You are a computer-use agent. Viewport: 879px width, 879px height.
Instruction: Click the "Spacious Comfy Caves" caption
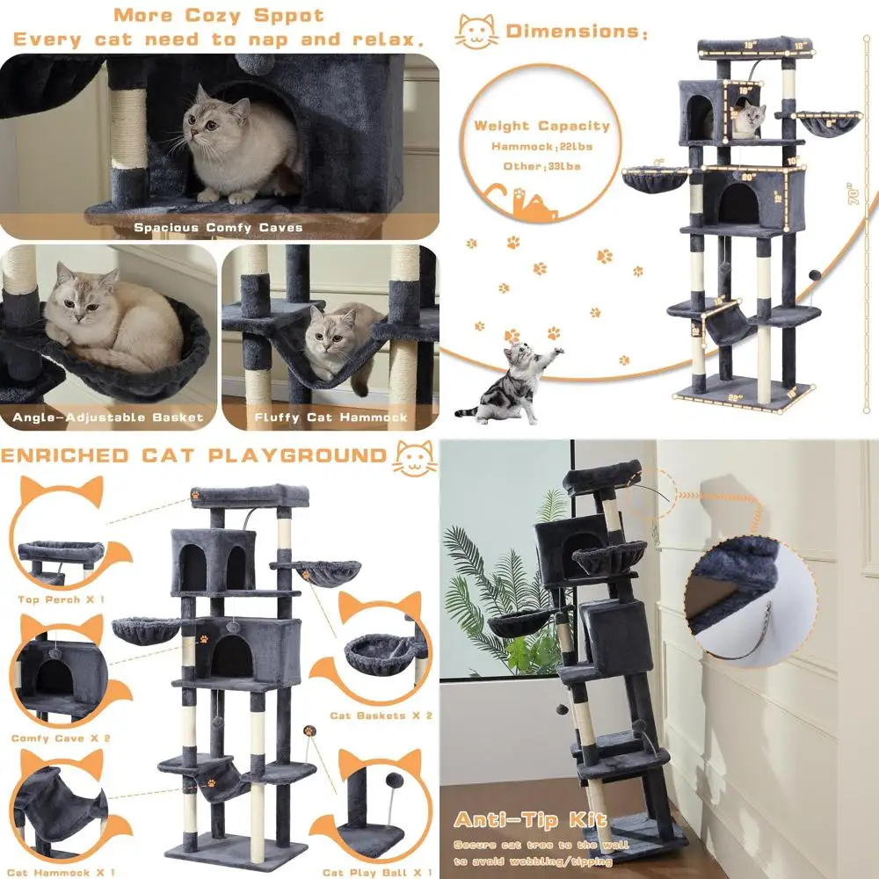[x=218, y=228]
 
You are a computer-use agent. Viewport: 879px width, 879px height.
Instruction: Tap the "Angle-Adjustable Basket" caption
[x=108, y=418]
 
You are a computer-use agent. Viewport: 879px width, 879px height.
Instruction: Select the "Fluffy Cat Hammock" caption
[x=331, y=418]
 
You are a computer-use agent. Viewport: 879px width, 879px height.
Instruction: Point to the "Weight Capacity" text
[x=541, y=126]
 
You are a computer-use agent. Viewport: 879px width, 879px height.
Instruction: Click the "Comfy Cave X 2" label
[x=61, y=738]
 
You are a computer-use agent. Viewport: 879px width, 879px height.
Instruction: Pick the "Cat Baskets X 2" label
[x=381, y=716]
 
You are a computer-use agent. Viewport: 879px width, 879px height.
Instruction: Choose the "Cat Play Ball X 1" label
[x=377, y=872]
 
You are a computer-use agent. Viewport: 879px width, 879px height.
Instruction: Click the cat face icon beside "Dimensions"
[x=476, y=32]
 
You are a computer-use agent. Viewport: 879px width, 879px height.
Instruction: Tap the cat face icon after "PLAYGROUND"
[x=414, y=456]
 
